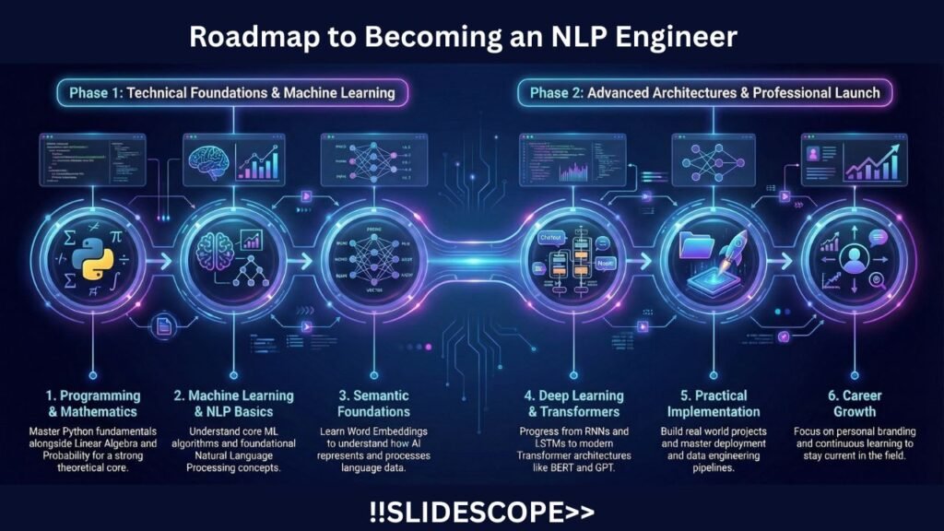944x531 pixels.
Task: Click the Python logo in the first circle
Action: pos(92,257)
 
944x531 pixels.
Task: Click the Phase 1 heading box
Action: pos(225,92)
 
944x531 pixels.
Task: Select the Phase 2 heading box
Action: pos(698,92)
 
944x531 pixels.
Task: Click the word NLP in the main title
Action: pos(588,37)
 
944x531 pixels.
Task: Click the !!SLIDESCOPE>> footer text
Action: pos(471,510)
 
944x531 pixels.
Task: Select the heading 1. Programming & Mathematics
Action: pos(90,403)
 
